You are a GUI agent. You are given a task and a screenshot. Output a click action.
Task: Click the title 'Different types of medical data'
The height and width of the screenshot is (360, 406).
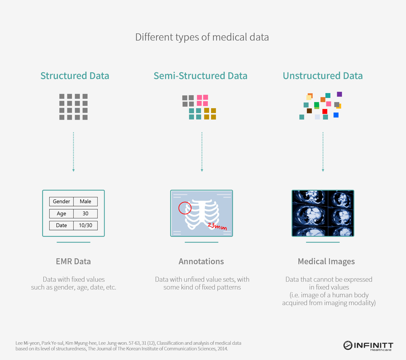(202, 37)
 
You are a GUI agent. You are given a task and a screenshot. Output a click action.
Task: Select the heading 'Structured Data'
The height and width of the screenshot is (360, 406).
(75, 76)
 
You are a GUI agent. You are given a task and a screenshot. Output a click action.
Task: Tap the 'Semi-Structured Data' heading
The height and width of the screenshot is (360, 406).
(201, 76)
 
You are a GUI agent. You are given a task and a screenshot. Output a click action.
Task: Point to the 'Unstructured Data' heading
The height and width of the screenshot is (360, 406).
(323, 76)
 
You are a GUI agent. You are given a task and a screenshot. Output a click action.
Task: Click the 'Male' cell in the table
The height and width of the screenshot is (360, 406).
(85, 202)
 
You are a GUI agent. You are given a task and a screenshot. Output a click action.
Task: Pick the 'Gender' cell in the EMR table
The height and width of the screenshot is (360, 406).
(61, 202)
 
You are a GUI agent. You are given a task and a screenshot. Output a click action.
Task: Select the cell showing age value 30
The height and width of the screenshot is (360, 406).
(85, 213)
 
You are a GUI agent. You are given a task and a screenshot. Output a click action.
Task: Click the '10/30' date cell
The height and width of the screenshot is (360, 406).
(85, 226)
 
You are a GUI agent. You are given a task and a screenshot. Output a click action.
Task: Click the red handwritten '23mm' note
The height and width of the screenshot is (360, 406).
(217, 226)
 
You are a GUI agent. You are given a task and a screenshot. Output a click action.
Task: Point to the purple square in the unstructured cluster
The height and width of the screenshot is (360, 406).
(340, 94)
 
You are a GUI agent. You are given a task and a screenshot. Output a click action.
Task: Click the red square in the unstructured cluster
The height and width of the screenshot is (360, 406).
(325, 111)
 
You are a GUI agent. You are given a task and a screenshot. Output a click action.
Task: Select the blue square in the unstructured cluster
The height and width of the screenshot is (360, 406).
(336, 115)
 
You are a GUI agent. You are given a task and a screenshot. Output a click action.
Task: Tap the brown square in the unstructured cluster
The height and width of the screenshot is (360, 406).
(309, 111)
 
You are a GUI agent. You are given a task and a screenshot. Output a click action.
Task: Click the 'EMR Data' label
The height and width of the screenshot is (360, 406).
(73, 261)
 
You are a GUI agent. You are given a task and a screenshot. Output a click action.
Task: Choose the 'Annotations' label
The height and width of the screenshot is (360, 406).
(201, 261)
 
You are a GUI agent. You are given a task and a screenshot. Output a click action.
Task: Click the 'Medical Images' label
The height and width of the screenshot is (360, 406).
(326, 262)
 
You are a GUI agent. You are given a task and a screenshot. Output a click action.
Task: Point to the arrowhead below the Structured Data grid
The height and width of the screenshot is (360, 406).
(74, 170)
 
